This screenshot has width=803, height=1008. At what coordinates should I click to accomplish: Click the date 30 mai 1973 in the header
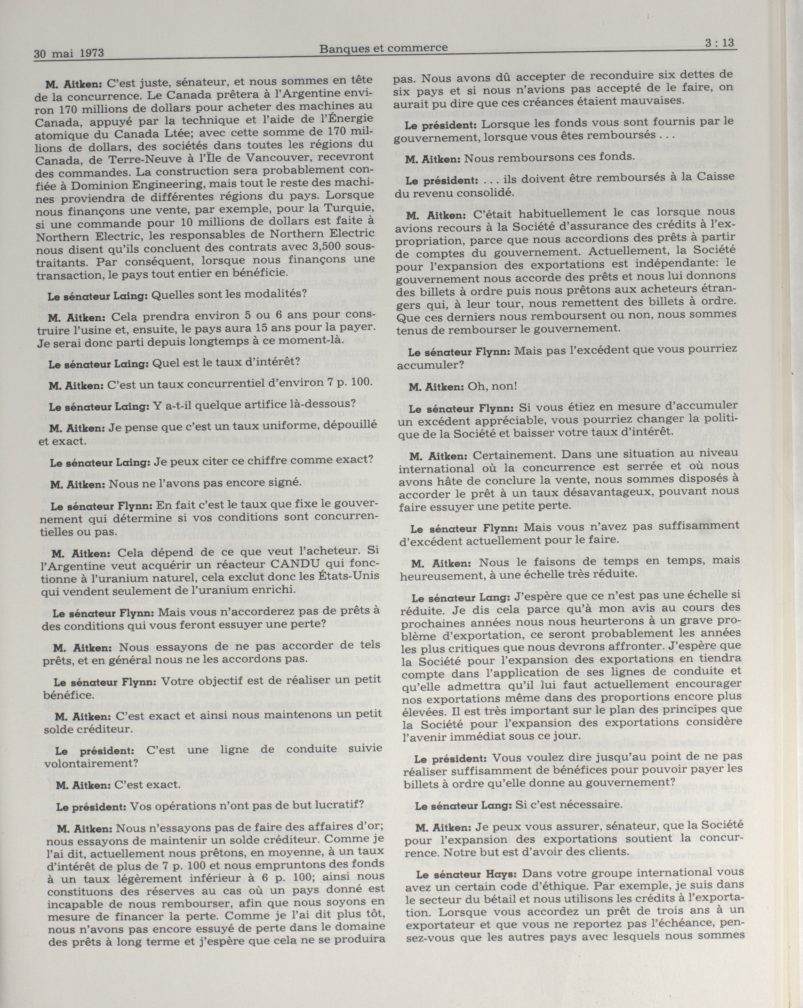click(69, 53)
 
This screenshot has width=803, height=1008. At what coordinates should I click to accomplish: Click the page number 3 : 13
click(719, 43)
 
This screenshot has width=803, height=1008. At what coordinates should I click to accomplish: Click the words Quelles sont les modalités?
click(230, 294)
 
